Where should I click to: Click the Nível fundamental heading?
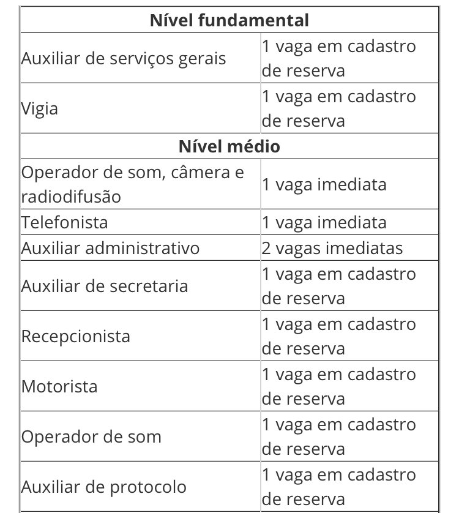(229, 20)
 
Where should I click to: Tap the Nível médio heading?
(229, 146)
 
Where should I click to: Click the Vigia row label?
(40, 109)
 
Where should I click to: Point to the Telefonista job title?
(65, 222)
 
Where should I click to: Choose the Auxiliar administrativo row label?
(111, 248)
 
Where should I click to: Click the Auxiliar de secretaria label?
(105, 286)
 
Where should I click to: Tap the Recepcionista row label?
(76, 336)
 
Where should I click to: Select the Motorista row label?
(59, 386)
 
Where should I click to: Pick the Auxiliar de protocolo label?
(104, 487)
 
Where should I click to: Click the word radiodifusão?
(71, 197)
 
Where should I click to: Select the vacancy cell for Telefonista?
(324, 222)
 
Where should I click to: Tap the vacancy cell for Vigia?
(339, 108)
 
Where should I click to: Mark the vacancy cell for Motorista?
(339, 386)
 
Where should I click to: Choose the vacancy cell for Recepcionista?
(339, 336)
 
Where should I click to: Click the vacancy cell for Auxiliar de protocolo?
(339, 487)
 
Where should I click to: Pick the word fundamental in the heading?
(254, 20)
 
